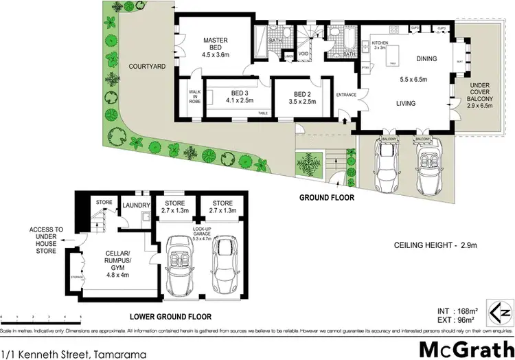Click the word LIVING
409,102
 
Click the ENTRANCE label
345,95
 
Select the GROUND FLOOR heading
326,197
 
